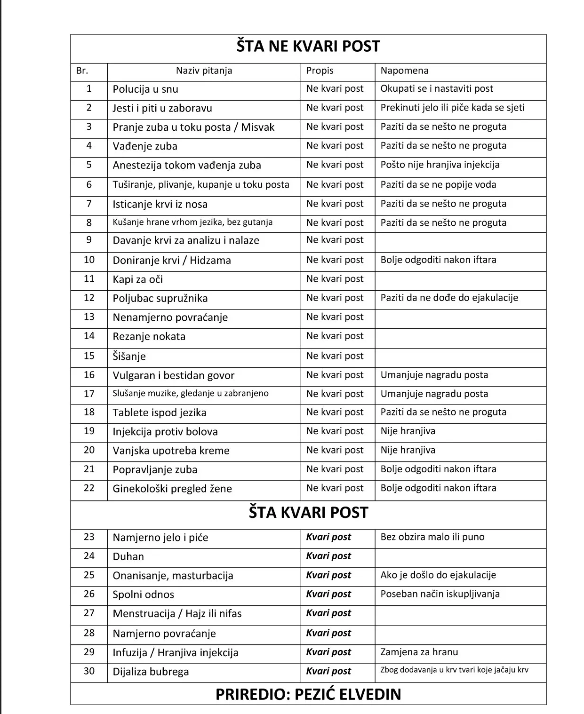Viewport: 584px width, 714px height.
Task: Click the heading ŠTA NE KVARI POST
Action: pos(308,46)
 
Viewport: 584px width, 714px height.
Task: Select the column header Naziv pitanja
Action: pos(204,71)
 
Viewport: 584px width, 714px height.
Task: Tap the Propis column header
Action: pos(320,71)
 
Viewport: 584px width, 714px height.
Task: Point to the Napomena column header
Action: pos(404,71)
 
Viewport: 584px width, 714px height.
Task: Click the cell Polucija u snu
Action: pos(145,89)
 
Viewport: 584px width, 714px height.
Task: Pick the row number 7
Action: pos(89,204)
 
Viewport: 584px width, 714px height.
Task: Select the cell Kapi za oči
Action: pos(137,279)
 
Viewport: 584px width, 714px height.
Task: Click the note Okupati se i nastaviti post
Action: pos(437,89)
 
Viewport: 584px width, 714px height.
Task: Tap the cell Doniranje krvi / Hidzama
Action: pos(171,261)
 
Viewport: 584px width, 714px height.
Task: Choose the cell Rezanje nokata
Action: pos(149,337)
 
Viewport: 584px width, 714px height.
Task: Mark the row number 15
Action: pos(89,356)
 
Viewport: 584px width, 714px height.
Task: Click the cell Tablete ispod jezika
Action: pos(159,413)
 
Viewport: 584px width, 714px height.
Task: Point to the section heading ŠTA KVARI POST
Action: pos(308,512)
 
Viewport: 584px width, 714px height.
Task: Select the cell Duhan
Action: pos(128,557)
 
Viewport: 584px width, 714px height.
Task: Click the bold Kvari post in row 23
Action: pos(328,537)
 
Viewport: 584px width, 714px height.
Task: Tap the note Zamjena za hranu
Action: pos(419,652)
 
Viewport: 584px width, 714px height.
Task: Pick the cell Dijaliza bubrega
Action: pos(151,672)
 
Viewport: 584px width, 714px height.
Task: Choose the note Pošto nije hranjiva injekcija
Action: pos(440,165)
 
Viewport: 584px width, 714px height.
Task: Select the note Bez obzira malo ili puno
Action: pos(432,537)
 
